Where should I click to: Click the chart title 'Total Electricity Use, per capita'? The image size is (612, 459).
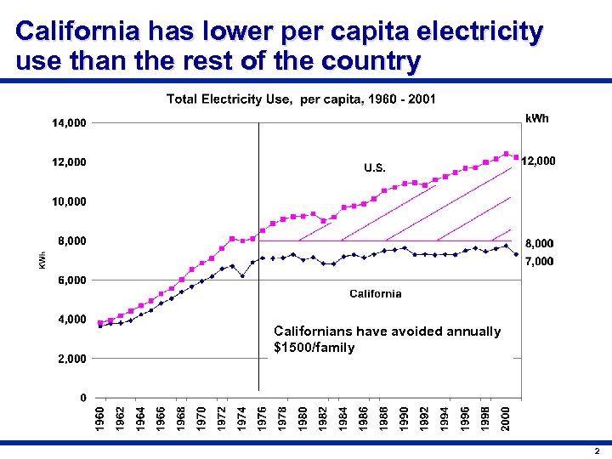[301, 99]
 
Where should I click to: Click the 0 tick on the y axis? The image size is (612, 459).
[82, 398]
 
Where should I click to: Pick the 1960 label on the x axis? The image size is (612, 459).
[100, 417]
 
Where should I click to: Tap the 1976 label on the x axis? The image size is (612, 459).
[263, 417]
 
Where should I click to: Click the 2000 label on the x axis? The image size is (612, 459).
[506, 417]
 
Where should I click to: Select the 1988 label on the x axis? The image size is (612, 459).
[384, 417]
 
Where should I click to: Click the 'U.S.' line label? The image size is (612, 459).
[375, 167]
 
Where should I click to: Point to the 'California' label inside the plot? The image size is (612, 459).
[376, 294]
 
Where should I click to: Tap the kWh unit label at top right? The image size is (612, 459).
[537, 118]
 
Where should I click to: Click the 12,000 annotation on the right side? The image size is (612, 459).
[538, 161]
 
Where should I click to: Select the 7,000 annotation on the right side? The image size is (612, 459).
[538, 262]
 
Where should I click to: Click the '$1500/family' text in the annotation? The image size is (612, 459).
[314, 348]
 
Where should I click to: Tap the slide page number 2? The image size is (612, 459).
[598, 450]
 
